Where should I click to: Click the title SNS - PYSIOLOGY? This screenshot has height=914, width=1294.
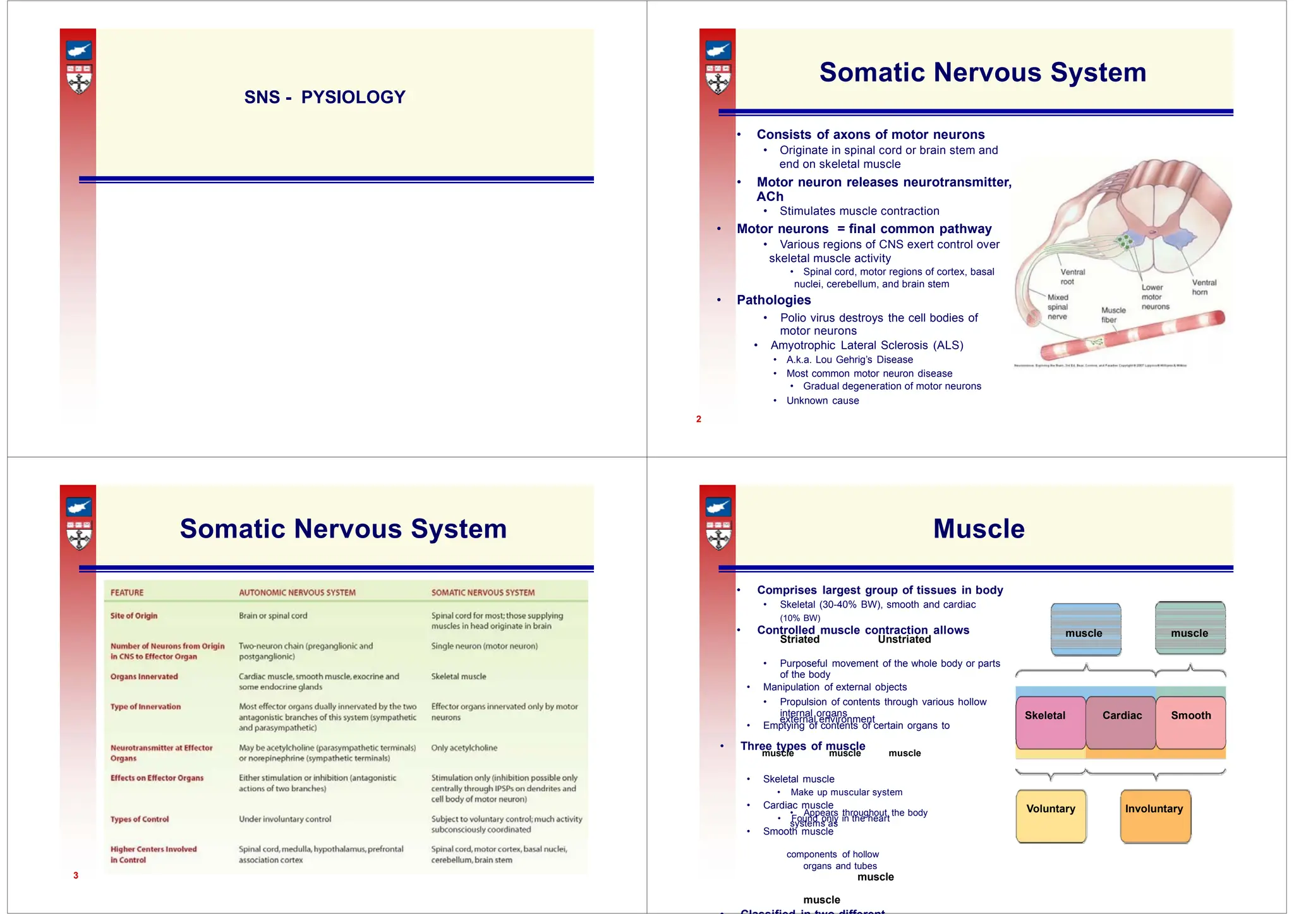tap(325, 97)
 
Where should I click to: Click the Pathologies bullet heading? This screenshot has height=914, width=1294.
tap(773, 300)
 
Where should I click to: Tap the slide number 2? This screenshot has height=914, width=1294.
tap(698, 419)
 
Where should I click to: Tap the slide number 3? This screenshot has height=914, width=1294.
tap(76, 875)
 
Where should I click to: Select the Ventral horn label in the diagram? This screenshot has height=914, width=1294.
tap(1204, 287)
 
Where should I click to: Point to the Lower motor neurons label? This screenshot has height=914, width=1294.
tap(1155, 297)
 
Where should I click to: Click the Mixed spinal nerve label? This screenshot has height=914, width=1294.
tap(1058, 307)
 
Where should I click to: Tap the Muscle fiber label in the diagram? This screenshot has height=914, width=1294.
tap(1113, 315)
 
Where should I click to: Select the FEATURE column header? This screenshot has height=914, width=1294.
tap(127, 592)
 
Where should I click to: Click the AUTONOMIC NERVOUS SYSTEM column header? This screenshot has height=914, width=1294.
tap(297, 592)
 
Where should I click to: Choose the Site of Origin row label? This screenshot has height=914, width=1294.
tap(134, 616)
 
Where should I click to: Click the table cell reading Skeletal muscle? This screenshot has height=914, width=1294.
tap(459, 676)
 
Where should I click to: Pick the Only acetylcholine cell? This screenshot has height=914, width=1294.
tap(464, 748)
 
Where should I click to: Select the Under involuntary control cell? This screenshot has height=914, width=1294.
tap(285, 819)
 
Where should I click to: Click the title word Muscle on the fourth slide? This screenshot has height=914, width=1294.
tap(979, 529)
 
